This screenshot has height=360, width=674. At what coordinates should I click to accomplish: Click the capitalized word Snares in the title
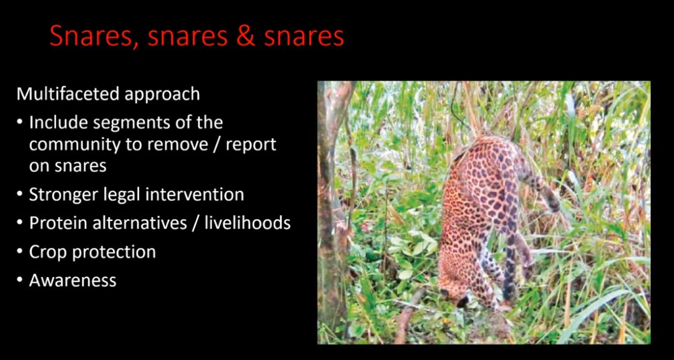(95, 37)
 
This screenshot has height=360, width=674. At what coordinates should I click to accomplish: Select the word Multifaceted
(68, 94)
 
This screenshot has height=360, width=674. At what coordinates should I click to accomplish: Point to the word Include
(59, 122)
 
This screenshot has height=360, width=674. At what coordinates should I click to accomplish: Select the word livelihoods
(247, 223)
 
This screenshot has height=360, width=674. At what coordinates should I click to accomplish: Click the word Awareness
(72, 281)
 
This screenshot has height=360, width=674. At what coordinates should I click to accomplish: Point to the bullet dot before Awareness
(20, 280)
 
